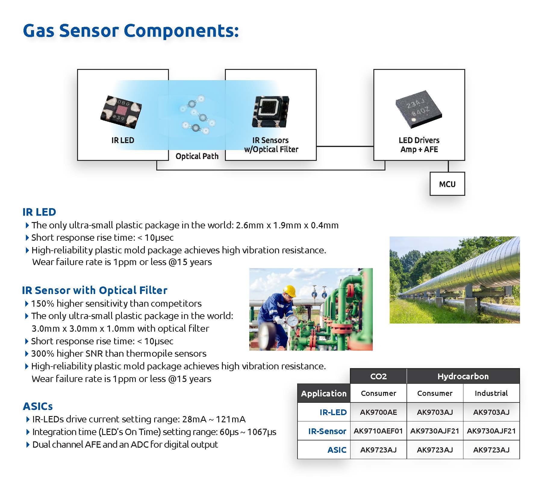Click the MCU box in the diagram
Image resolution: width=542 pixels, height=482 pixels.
pyautogui.click(x=447, y=184)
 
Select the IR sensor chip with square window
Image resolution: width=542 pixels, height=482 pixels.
pyautogui.click(x=270, y=111)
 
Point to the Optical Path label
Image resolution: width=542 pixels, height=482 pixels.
pyautogui.click(x=197, y=156)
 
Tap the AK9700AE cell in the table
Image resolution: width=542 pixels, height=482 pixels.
pyautogui.click(x=378, y=412)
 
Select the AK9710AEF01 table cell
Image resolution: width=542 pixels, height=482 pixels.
pyautogui.click(x=378, y=431)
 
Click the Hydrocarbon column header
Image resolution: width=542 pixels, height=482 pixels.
pyautogui.click(x=463, y=376)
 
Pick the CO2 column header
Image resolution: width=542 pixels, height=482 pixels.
pyautogui.click(x=378, y=376)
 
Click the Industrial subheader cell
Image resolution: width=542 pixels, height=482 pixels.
pyautogui.click(x=491, y=393)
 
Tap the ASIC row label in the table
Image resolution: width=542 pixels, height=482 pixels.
pyautogui.click(x=337, y=450)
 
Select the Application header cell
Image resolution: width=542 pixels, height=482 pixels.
pyautogui.click(x=324, y=393)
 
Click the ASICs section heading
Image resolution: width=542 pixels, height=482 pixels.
pyautogui.click(x=38, y=406)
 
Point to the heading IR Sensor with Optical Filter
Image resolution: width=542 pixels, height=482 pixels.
pyautogui.click(x=95, y=290)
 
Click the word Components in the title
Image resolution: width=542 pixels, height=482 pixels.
pyautogui.click(x=181, y=31)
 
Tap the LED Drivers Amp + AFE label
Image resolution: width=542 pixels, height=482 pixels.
pyautogui.click(x=419, y=145)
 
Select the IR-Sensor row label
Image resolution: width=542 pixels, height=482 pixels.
pyautogui.click(x=327, y=431)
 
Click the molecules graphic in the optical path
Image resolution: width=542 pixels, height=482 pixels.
pyautogui.click(x=197, y=114)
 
